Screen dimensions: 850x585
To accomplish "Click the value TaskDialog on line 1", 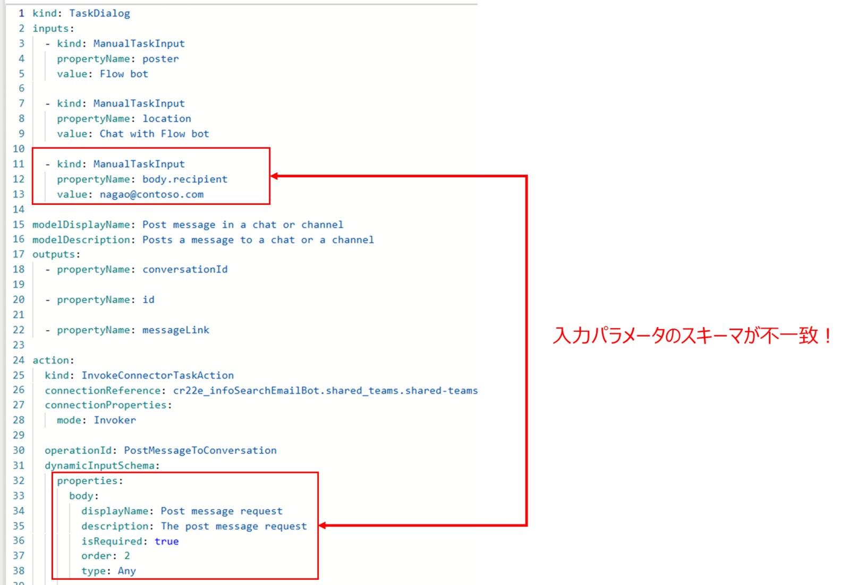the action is coord(99,13).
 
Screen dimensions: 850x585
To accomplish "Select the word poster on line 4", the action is coord(160,59).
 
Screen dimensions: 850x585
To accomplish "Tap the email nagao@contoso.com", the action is coord(151,194).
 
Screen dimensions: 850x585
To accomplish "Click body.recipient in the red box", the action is coord(184,179).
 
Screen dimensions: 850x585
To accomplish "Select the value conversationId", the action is coord(185,270).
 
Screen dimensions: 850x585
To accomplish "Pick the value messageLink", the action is coord(176,330).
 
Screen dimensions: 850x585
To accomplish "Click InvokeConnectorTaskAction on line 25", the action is coord(157,375).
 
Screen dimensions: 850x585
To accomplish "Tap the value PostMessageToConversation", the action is coord(200,451).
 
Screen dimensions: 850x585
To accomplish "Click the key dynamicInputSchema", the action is coord(99,466).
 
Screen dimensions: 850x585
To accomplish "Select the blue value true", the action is coord(166,541).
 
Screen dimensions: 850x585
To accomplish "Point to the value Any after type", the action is coord(127,571).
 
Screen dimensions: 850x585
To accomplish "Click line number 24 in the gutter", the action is coord(19,360).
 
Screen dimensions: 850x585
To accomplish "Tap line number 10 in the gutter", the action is coord(19,149).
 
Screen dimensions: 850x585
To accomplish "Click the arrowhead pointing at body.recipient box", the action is coord(275,176).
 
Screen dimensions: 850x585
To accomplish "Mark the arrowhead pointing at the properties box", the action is coord(323,526).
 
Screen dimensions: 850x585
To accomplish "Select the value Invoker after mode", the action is coord(115,420).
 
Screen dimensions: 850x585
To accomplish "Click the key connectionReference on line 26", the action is coord(103,391).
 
